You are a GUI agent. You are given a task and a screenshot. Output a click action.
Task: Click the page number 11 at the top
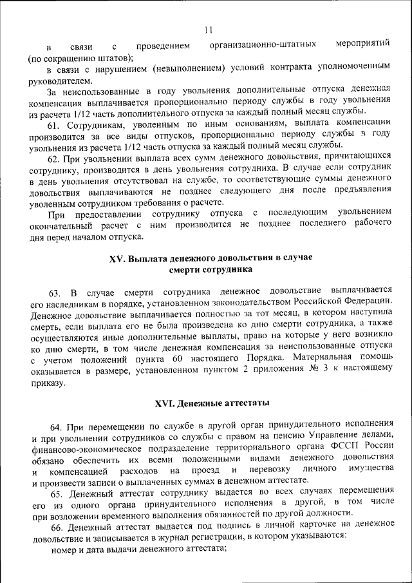tap(208, 29)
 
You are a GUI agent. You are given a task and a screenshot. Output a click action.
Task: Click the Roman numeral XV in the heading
tap(117, 258)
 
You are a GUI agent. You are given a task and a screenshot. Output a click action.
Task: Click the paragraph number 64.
tap(57, 426)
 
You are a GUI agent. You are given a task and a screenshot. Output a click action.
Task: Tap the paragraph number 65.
tap(57, 493)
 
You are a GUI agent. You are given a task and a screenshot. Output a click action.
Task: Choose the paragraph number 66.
tap(57, 526)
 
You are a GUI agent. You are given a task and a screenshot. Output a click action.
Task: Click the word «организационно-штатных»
tap(263, 45)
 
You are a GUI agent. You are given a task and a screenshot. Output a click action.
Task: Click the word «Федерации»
tap(367, 301)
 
